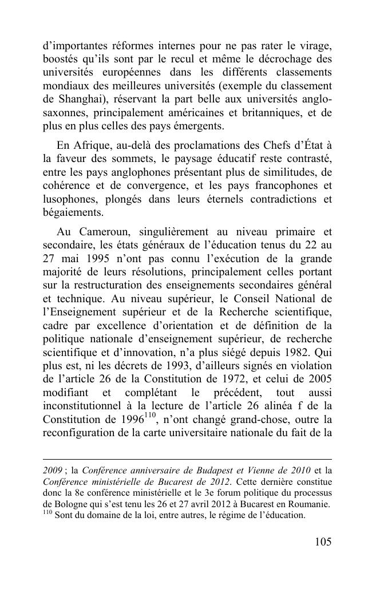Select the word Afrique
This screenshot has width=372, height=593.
pyautogui.click(x=94, y=143)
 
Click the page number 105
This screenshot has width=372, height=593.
pyautogui.click(x=322, y=542)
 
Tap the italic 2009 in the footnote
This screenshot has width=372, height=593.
pyautogui.click(x=53, y=471)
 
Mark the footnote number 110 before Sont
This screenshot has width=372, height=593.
pyautogui.click(x=48, y=513)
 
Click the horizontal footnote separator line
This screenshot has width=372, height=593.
pyautogui.click(x=187, y=459)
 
